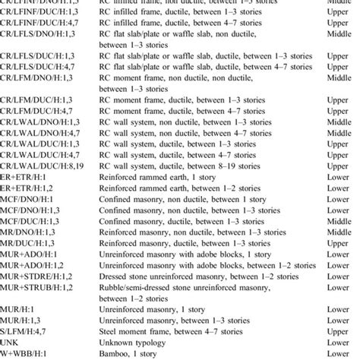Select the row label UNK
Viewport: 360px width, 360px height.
pyautogui.click(x=11, y=342)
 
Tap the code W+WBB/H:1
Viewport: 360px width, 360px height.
pyautogui.click(x=28, y=353)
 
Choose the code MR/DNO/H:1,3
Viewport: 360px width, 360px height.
pyautogui.click(x=30, y=242)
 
